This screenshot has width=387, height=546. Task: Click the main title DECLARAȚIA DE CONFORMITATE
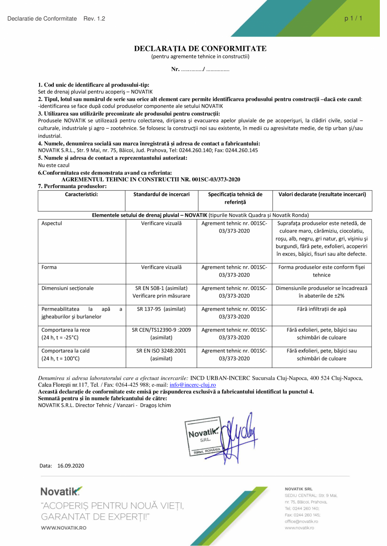tap(200, 49)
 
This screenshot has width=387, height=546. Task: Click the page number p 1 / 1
tap(353, 18)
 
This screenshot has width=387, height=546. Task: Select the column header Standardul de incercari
tap(162, 194)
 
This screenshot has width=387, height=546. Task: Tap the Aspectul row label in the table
tap(52, 223)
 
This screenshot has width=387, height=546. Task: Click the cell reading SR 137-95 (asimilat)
tap(162, 309)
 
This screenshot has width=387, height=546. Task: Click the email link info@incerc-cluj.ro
tap(193, 385)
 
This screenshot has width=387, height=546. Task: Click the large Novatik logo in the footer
tap(61, 491)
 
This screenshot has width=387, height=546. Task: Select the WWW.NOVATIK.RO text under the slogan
tap(64, 528)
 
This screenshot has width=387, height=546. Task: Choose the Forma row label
tap(49, 267)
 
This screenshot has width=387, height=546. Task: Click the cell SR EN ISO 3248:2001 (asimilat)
tap(162, 354)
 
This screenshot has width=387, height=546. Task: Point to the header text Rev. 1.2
tap(94, 19)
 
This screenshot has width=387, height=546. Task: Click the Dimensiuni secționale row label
tap(68, 289)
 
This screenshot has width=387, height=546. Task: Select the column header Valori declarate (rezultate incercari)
tap(322, 194)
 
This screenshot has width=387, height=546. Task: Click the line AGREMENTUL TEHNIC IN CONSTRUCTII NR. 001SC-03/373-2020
tap(151, 179)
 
